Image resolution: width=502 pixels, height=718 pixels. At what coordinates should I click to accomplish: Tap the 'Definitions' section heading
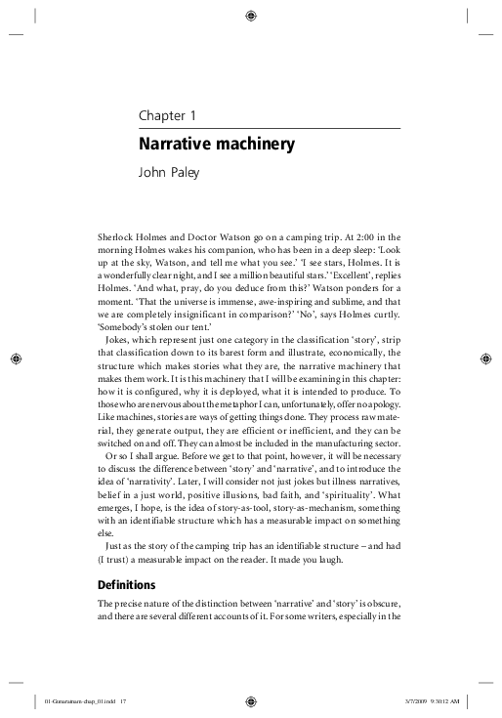127,585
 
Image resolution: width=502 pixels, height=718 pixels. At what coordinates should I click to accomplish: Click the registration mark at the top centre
251,16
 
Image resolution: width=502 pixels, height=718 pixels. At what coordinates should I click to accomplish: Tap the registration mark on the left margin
16,358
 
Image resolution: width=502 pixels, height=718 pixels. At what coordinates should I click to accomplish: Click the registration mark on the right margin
486,358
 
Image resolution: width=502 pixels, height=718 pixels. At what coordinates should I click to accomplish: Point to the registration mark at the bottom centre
251,699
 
